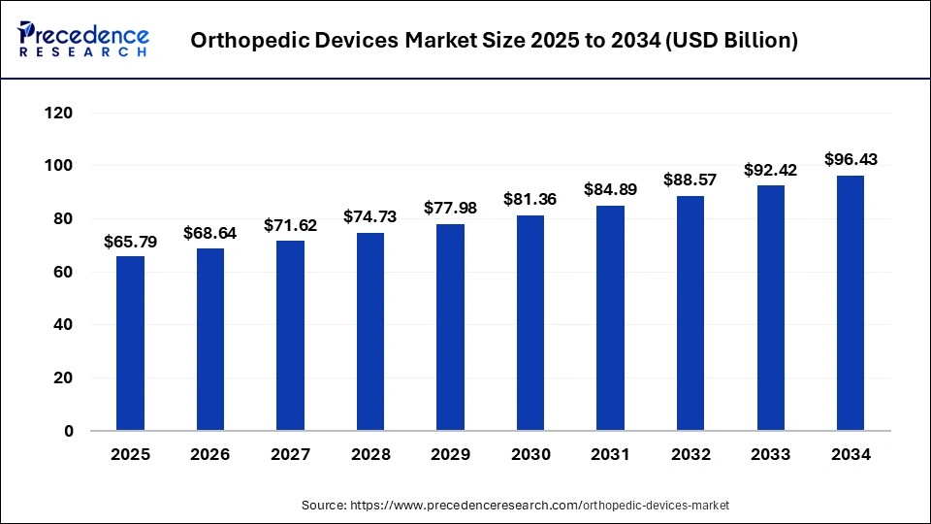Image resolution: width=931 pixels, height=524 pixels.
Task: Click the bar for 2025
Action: (130, 344)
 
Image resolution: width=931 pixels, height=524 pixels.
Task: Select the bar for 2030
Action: (530, 323)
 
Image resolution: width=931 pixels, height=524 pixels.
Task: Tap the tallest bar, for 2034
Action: (850, 303)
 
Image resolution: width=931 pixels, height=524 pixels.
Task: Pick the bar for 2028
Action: (370, 332)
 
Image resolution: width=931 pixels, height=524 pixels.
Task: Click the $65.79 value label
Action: (130, 241)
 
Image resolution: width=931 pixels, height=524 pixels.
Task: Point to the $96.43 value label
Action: (850, 159)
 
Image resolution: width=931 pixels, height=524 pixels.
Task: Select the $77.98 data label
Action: (450, 209)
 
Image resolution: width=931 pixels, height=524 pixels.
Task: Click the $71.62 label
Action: (290, 225)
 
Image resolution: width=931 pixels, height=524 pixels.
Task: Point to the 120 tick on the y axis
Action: (59, 114)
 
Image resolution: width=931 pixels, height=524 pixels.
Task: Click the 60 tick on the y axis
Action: (63, 273)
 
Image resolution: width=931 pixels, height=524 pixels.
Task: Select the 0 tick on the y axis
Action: (68, 431)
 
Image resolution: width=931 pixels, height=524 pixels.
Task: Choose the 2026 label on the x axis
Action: (210, 454)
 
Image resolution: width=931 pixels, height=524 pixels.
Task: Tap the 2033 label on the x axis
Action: (770, 454)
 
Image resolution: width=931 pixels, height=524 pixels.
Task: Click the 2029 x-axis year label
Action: (450, 454)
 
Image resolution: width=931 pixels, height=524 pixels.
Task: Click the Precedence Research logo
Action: (82, 39)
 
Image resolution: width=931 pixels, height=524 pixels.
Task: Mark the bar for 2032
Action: (690, 313)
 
